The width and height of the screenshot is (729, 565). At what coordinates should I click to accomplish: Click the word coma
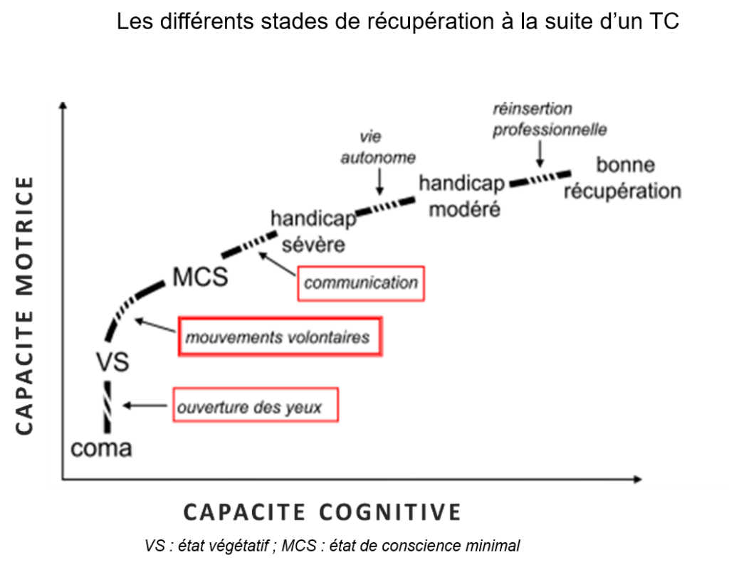101,450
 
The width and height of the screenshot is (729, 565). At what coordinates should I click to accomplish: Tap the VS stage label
112,362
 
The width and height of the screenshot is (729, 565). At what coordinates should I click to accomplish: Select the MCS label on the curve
200,277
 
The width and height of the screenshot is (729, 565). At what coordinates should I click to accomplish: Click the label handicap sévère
313,231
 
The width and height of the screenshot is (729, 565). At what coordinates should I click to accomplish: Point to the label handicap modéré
461,196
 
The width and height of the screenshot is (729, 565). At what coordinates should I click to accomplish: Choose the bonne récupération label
623,178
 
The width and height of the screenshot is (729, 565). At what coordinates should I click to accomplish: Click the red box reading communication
361,283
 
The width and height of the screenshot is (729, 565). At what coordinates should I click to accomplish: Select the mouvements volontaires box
279,337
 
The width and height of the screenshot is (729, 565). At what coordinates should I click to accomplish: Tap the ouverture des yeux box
255,408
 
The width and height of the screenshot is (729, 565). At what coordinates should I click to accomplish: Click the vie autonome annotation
377,147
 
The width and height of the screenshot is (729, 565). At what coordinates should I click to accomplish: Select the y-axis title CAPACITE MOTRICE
24,306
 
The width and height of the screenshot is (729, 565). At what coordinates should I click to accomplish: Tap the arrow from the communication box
278,264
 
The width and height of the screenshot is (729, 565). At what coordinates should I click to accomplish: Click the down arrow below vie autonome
379,184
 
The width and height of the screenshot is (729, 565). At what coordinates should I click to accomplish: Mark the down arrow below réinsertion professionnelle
540,153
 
